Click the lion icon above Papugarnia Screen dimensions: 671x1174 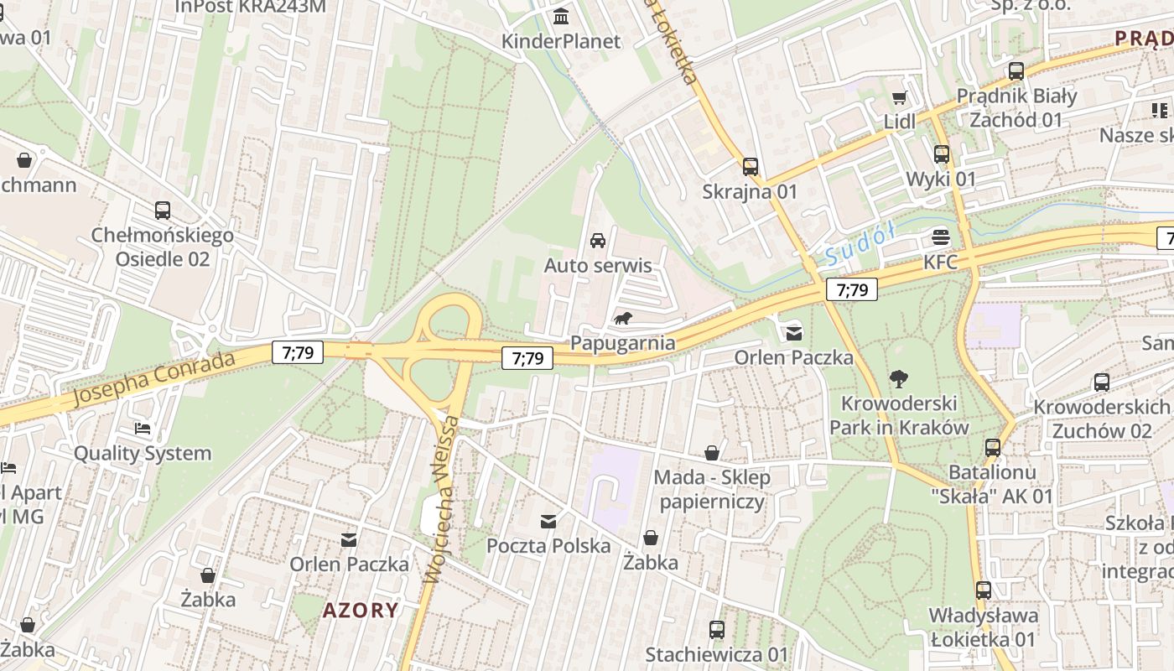pos(623,318)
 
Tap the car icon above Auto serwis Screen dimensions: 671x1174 pos(598,241)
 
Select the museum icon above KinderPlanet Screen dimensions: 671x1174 pos(560,16)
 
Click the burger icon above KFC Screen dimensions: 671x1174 pos(941,237)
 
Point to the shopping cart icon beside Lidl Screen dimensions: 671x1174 pos(900,97)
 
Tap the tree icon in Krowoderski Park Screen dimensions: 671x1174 pos(898,378)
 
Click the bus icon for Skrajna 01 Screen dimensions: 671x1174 pos(750,167)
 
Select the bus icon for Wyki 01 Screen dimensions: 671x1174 pos(941,154)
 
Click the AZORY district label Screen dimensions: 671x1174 pos(361,610)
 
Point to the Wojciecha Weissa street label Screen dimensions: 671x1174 pos(444,498)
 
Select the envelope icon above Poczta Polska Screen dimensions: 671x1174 pos(548,522)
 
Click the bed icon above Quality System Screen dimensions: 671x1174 pos(143,429)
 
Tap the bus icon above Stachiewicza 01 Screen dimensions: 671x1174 pos(716,629)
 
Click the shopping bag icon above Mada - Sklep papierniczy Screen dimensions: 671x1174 pos(711,453)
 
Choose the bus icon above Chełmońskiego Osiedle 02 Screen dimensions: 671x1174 pos(162,211)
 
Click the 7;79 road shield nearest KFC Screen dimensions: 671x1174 pos(852,290)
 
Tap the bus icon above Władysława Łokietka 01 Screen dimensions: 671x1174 pos(983,590)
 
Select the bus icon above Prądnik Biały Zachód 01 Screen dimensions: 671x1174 pos(1016,71)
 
